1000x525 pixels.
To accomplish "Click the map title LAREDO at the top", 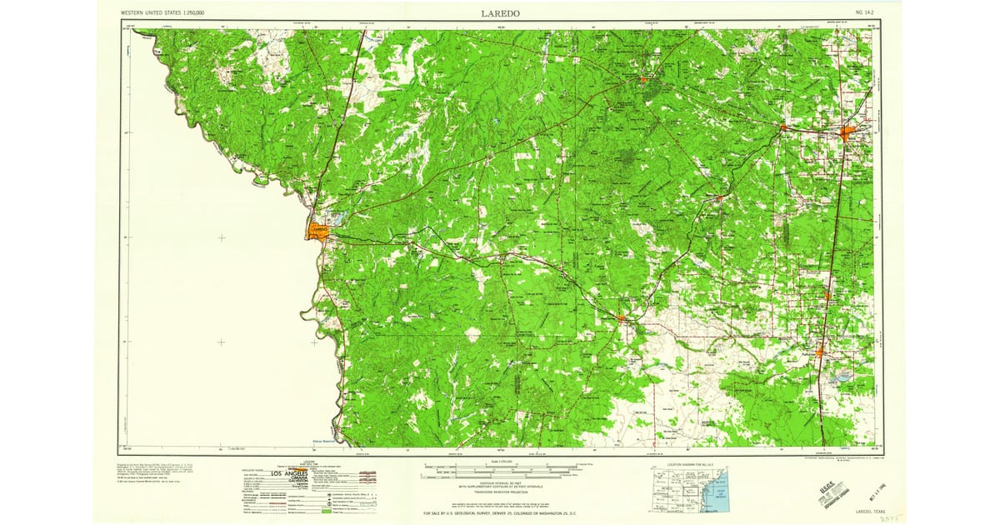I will pyautogui.click(x=500, y=13).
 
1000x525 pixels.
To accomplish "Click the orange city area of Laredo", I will pyautogui.click(x=318, y=230).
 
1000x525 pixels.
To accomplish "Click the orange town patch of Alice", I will pyautogui.click(x=849, y=133).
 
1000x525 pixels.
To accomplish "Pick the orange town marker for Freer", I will pyautogui.click(x=643, y=80).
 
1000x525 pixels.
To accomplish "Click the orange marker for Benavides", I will pyautogui.click(x=721, y=198).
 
